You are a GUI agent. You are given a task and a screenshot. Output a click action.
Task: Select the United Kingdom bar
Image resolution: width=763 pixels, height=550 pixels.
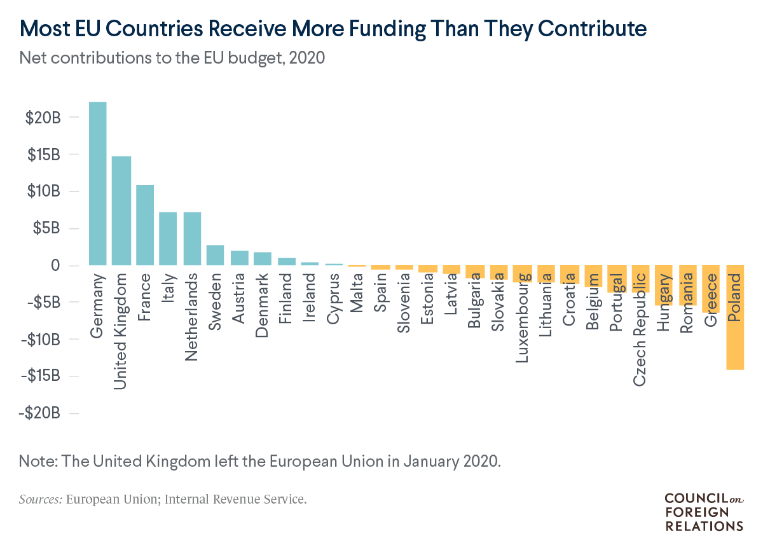[x=121, y=210]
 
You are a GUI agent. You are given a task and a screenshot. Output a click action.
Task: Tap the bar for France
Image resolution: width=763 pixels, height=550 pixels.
[x=145, y=225]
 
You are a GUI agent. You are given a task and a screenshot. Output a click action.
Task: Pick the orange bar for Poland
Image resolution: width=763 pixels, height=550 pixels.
[x=735, y=317]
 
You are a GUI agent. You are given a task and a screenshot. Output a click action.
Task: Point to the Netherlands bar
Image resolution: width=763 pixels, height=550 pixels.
[x=193, y=238]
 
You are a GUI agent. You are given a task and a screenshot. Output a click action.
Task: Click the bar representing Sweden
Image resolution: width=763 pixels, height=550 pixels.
[x=215, y=255]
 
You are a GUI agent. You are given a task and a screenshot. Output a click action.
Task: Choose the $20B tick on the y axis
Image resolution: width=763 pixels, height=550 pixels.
[x=44, y=118]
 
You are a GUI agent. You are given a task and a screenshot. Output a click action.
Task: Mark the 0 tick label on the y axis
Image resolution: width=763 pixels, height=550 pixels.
[x=55, y=265]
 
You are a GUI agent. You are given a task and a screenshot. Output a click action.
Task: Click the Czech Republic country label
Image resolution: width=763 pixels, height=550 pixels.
[x=640, y=329]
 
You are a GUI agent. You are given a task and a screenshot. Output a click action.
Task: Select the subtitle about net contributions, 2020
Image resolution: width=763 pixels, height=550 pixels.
[x=172, y=58]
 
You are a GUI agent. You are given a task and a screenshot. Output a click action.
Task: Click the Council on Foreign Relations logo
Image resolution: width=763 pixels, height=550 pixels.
[x=703, y=511]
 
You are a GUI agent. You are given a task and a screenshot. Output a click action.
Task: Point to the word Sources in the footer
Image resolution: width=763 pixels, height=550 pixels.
[x=40, y=499]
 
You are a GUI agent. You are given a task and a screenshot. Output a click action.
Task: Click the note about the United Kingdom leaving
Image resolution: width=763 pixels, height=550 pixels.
[x=260, y=460]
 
